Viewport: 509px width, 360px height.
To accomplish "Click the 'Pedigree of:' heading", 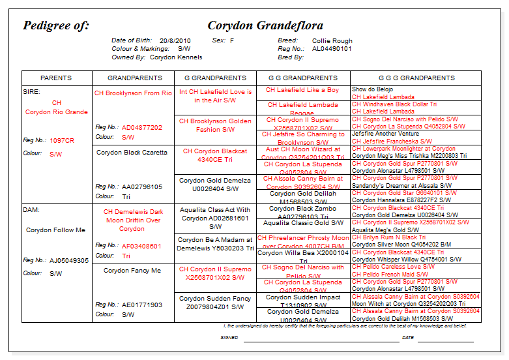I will [56, 26].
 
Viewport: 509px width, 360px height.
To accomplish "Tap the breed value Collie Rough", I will [332, 40].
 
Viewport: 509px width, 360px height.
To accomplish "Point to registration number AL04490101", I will [332, 49].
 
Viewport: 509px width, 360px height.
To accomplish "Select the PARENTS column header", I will [56, 78].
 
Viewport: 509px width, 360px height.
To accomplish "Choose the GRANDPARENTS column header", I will [134, 78].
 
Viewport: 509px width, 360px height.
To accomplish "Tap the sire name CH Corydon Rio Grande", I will [57, 108].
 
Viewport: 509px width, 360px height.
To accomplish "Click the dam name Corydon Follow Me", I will [55, 230].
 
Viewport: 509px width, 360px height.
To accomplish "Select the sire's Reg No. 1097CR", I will [62, 140].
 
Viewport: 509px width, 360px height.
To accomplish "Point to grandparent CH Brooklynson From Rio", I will [133, 93].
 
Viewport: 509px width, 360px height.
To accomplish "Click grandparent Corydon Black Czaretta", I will [132, 153].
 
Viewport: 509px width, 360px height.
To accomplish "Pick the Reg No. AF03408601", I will [141, 246].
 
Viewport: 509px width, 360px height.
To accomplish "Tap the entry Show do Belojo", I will [373, 89].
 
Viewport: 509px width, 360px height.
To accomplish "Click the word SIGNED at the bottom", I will [229, 338].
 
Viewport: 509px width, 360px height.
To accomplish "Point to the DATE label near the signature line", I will [408, 338].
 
